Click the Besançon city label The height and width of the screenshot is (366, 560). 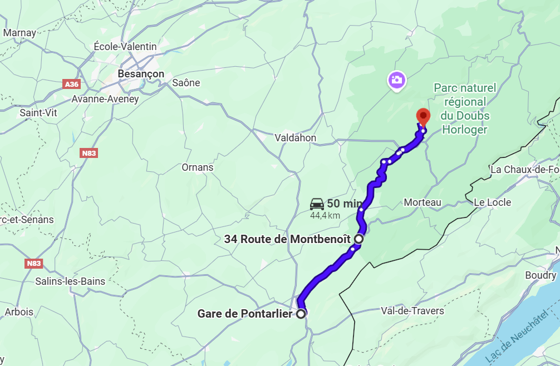point(141,74)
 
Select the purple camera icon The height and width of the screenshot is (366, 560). point(396,80)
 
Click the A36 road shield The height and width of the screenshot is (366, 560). point(71,84)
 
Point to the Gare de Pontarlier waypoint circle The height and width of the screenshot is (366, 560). point(301,314)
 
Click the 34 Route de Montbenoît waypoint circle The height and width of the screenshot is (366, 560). point(359,239)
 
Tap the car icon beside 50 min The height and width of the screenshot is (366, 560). point(317,204)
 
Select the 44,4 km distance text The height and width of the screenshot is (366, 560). point(325,215)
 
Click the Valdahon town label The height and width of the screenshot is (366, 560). point(295,138)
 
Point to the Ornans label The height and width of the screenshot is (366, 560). point(198,167)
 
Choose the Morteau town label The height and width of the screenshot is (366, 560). point(423,202)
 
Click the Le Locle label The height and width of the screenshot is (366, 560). point(492,202)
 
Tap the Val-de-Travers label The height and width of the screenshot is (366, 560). point(412,310)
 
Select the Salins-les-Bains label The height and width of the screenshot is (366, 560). point(70,281)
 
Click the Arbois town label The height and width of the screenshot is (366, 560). point(19,312)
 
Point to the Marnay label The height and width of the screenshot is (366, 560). point(19,33)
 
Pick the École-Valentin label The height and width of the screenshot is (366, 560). point(125,47)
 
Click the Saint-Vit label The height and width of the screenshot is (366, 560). point(38,112)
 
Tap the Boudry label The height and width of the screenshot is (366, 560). point(540,275)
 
